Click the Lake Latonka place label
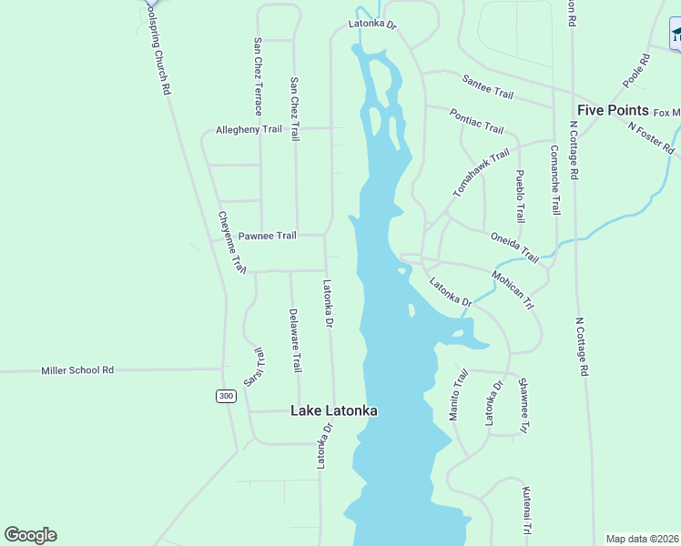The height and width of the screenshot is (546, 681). click(333, 410)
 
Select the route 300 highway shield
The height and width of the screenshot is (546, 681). click(227, 396)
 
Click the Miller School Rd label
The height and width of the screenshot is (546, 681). click(77, 370)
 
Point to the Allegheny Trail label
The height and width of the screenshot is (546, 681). click(249, 129)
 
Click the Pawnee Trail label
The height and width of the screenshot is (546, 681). click(267, 236)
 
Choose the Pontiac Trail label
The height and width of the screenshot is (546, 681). click(476, 120)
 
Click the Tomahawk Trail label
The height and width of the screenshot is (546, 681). click(482, 174)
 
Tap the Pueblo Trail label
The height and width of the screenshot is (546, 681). click(520, 196)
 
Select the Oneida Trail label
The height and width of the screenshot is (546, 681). click(515, 248)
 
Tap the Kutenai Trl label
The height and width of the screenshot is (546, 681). click(526, 511)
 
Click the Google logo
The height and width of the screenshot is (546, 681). click(30, 535)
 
